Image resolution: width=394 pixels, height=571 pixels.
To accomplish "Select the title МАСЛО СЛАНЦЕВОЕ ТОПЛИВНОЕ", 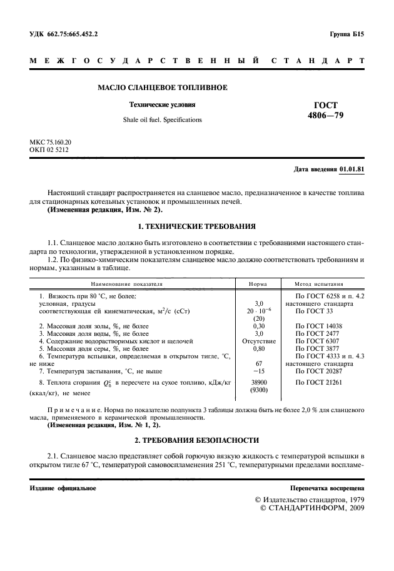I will [162, 87].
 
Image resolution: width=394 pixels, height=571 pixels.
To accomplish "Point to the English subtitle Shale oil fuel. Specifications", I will [162, 119].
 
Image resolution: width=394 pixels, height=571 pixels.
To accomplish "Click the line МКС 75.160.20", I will [51, 143].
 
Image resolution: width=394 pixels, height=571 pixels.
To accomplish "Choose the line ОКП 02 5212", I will [49, 151].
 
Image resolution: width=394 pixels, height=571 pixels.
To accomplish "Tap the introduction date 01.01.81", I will [351, 169].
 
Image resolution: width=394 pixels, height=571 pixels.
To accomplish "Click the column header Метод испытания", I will [325, 283].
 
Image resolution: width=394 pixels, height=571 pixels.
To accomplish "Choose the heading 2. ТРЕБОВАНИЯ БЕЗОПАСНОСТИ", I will [196, 441].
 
